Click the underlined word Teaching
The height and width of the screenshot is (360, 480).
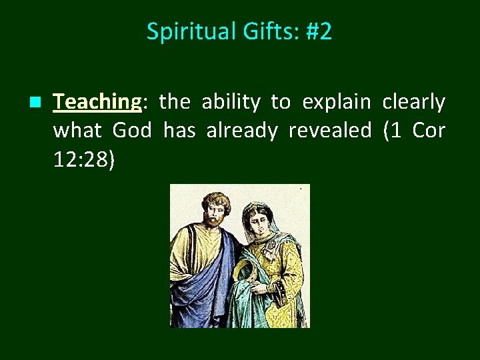tap(97, 102)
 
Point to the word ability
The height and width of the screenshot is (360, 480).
tap(231, 102)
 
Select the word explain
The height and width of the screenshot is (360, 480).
tap(336, 102)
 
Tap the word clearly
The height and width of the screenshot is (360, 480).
tap(413, 102)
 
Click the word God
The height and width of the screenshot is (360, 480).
tap(132, 130)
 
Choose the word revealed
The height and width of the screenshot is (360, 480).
tap(329, 130)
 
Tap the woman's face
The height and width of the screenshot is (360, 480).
tap(259, 223)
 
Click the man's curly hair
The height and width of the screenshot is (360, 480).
tap(217, 199)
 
